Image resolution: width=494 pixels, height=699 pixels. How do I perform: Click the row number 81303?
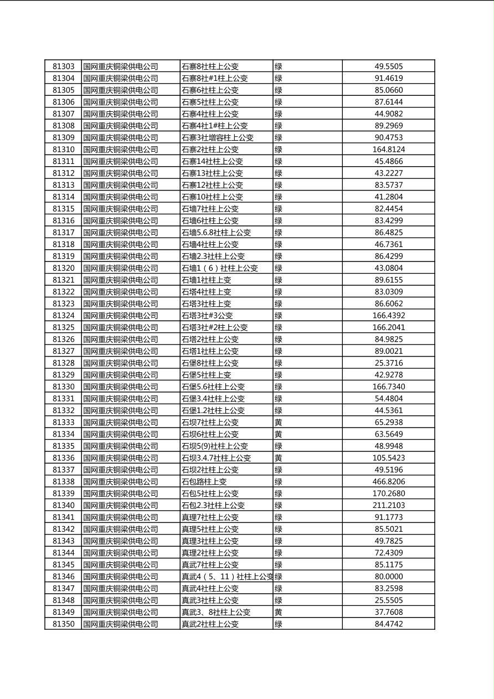[x=63, y=66]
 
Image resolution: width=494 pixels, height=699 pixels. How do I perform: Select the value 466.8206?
[x=388, y=482]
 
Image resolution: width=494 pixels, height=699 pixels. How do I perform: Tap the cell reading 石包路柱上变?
[x=204, y=482]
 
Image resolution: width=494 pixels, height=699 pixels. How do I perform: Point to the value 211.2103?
[x=388, y=505]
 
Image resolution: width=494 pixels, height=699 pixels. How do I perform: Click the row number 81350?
[x=63, y=624]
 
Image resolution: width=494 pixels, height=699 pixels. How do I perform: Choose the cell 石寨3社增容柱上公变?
[x=217, y=137]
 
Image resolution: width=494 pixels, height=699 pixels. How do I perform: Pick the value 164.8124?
[x=388, y=150]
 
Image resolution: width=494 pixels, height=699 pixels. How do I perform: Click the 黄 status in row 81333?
[x=279, y=423]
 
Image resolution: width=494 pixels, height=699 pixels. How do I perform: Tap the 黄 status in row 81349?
[x=279, y=612]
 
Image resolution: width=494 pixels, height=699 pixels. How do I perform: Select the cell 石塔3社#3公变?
[x=207, y=316]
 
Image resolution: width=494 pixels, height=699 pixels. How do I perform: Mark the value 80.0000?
[x=388, y=577]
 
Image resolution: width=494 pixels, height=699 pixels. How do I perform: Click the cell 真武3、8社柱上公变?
[x=216, y=612]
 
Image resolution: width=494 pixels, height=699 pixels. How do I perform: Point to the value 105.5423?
[x=388, y=458]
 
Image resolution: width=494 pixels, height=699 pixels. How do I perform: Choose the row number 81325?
[x=63, y=327]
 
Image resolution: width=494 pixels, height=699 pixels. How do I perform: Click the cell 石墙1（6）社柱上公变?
[x=220, y=268]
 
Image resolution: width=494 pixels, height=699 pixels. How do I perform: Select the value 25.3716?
[x=388, y=363]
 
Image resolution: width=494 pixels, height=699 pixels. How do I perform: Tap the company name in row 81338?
[x=121, y=482]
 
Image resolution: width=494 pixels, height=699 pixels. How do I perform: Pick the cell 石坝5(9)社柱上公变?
[x=214, y=446]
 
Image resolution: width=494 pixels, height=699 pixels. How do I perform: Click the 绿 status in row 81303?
[x=279, y=66]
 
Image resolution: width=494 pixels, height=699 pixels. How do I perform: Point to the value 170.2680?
[x=388, y=494]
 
